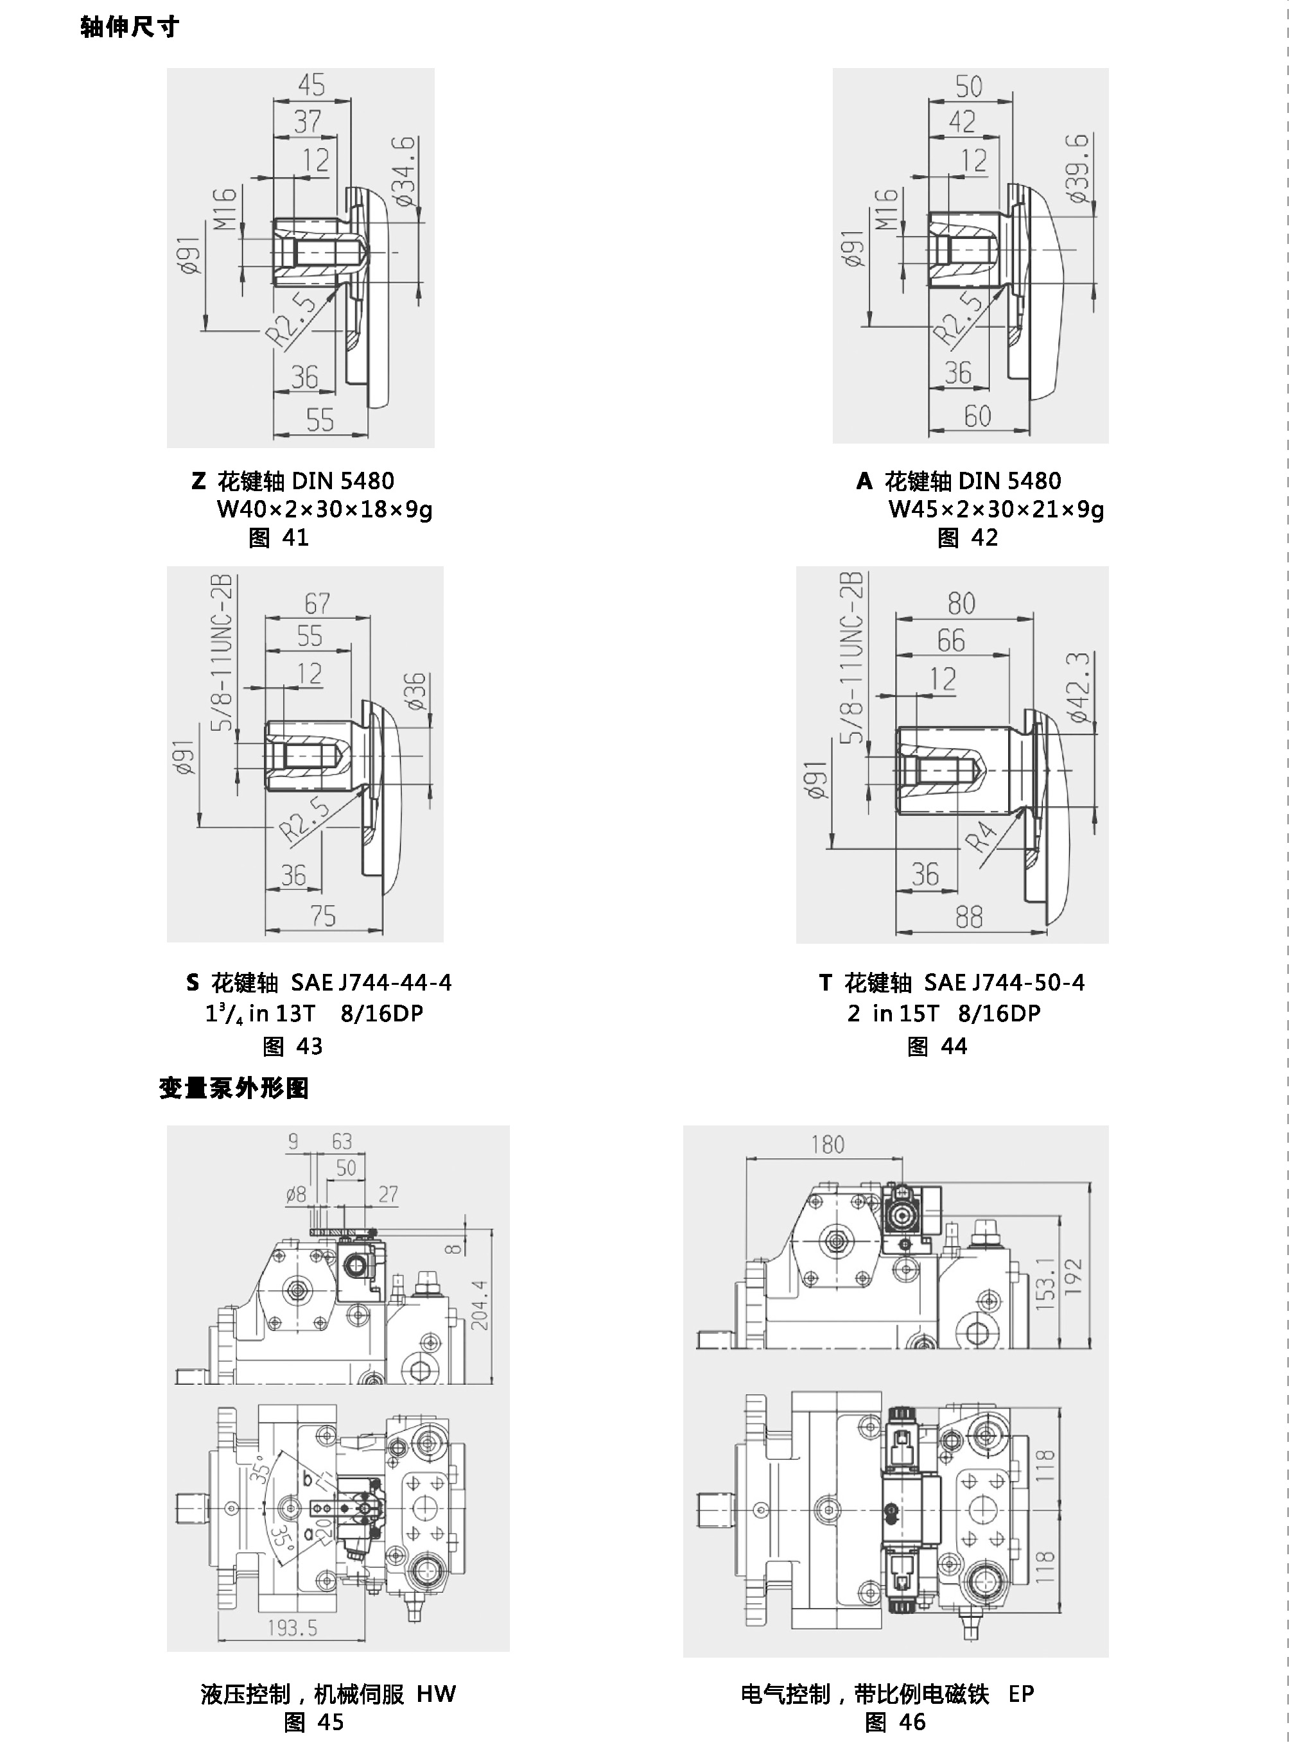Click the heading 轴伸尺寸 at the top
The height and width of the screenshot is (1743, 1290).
point(130,28)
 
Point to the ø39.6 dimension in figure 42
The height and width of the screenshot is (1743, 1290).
point(1078,168)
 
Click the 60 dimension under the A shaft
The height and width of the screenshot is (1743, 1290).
point(978,416)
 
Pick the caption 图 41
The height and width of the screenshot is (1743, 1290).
point(279,538)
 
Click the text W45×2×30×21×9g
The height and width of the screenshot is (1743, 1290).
point(996,510)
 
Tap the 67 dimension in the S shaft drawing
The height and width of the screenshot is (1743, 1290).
point(317,603)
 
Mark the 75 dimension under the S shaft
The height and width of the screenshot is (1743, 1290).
point(322,915)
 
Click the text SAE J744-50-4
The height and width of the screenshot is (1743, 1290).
point(1004,983)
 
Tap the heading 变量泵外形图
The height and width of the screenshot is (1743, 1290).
point(234,1088)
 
